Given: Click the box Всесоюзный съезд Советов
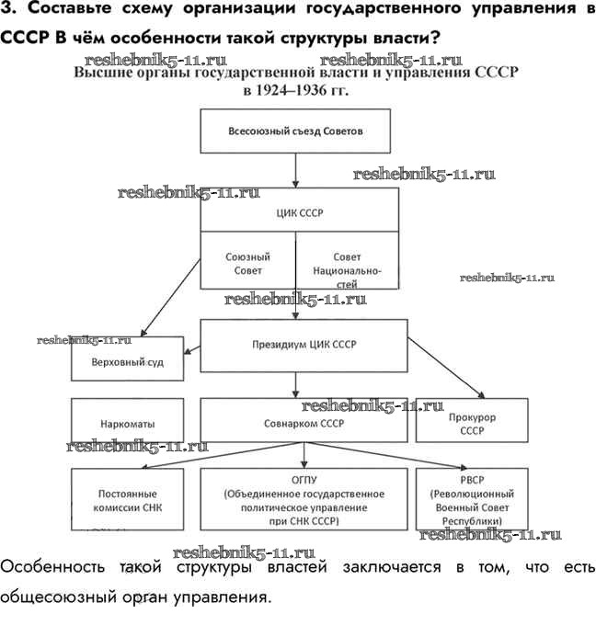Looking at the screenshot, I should (295, 131).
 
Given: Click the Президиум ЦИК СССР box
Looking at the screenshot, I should (304, 345).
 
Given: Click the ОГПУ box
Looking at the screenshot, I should (304, 499).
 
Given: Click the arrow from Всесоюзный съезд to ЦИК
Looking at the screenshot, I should (295, 170).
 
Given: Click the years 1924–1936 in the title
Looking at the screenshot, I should (296, 92).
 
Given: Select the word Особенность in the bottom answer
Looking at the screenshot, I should (54, 566).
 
